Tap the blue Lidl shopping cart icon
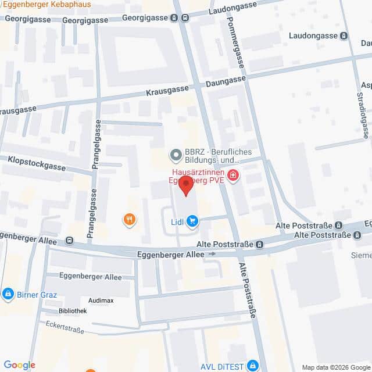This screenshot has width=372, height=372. [192, 221]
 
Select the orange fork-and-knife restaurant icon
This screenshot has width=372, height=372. [129, 219]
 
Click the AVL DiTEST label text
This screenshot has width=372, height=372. [221, 366]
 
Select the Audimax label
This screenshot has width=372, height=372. [101, 301]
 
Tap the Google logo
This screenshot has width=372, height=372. [19, 365]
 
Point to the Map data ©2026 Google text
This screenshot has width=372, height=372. [335, 367]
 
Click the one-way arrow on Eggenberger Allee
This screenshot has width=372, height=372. [213, 254]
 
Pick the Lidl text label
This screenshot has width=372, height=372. [177, 221]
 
